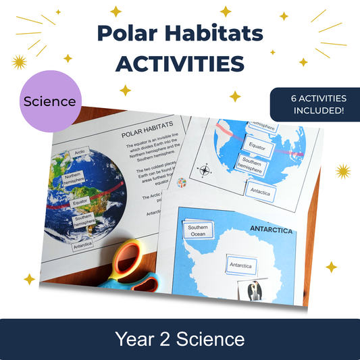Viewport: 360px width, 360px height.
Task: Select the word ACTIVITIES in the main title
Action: click(180, 64)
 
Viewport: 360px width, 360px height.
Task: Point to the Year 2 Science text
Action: click(180, 338)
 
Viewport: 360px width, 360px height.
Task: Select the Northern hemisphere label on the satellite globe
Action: click(72, 179)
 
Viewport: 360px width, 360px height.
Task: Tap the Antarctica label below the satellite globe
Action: click(84, 246)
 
